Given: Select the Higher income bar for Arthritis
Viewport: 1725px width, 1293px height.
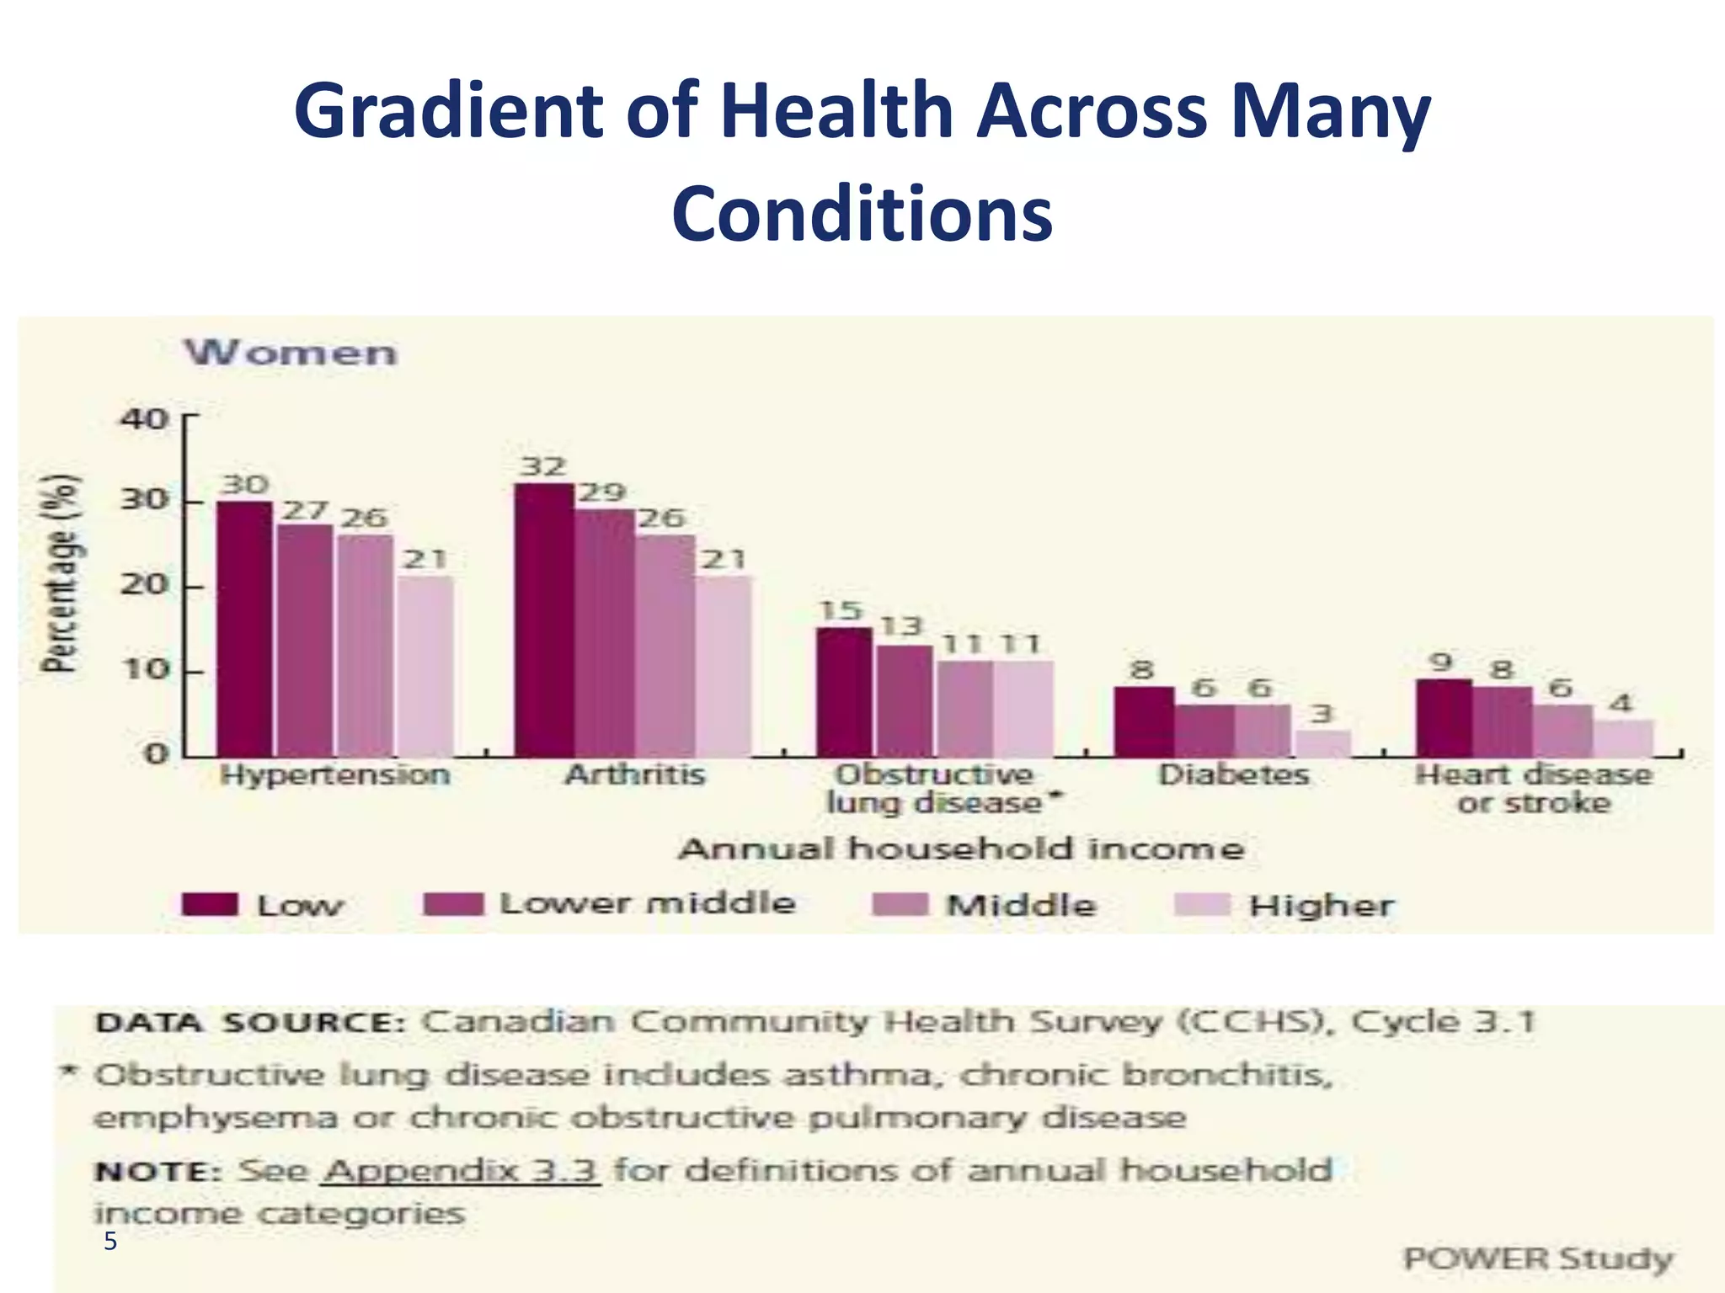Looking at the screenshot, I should click(x=724, y=666).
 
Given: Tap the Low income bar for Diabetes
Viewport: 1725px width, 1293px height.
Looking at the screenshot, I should click(x=1143, y=721).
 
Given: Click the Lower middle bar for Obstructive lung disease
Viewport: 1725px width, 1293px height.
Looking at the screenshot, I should click(x=904, y=700).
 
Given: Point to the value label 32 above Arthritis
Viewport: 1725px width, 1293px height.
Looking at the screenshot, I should click(x=542, y=466).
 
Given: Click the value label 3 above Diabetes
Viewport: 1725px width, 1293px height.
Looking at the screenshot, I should click(x=1322, y=714).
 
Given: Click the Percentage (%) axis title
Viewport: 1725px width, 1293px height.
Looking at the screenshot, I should click(x=62, y=572).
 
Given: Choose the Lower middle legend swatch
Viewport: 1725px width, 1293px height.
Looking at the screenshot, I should click(x=453, y=904).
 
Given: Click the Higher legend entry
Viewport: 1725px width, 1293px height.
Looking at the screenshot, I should click(x=1321, y=906).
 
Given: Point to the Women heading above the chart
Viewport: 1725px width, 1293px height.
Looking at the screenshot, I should click(x=291, y=352).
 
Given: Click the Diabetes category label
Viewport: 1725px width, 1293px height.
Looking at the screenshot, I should click(x=1233, y=774).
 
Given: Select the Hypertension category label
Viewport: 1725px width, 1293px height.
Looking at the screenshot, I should click(x=334, y=774).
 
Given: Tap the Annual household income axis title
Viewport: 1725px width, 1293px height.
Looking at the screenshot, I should click(x=961, y=849).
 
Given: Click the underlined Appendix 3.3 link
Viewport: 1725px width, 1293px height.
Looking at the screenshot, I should click(x=461, y=1170).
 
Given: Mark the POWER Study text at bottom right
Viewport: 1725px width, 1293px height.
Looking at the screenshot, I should click(x=1537, y=1258).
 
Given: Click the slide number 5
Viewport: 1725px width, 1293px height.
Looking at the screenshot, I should click(x=110, y=1241).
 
